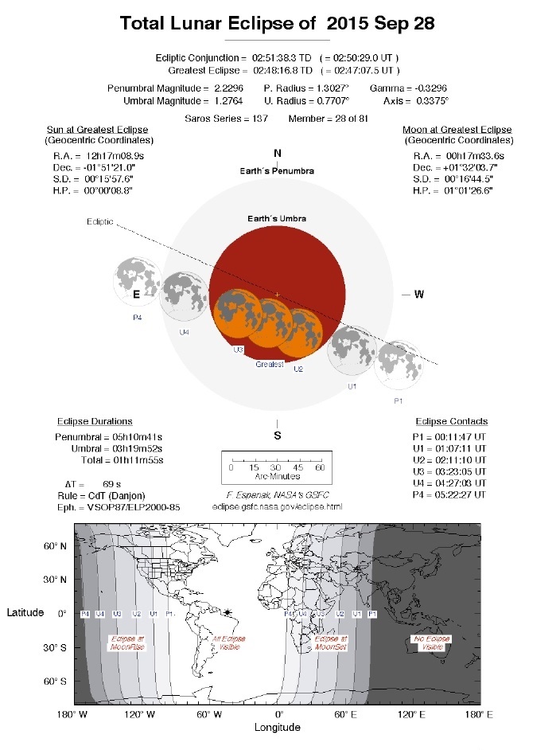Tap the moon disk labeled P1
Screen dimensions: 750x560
(x=400, y=365)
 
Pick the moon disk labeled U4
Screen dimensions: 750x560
(x=185, y=295)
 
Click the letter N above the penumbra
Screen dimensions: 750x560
(x=277, y=153)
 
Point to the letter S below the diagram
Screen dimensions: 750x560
(x=277, y=436)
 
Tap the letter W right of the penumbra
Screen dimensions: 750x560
(x=419, y=295)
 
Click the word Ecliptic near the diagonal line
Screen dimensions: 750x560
(x=99, y=222)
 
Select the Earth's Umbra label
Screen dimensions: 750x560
(x=277, y=218)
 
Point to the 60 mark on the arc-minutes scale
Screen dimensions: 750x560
(x=321, y=467)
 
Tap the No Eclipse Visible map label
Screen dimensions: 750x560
(x=429, y=643)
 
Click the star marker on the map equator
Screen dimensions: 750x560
(x=229, y=612)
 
